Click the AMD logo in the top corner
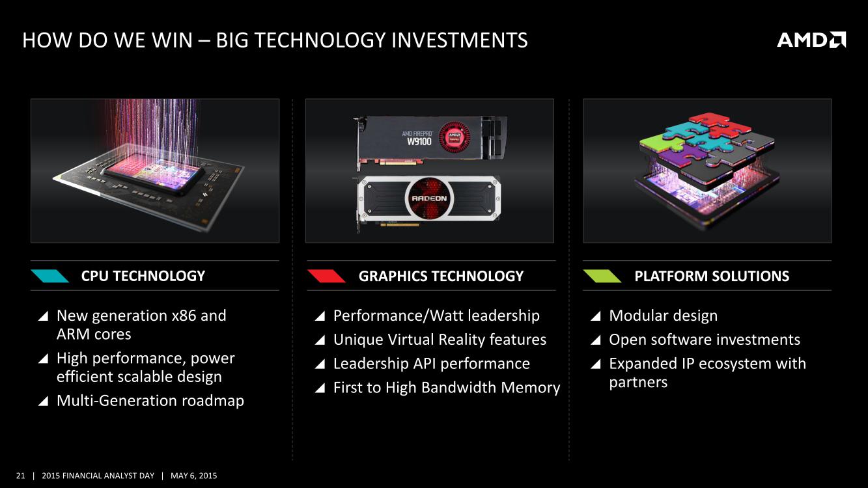(x=811, y=40)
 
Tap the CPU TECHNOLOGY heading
(x=143, y=276)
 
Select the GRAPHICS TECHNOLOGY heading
(x=441, y=276)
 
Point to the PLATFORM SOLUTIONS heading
(x=712, y=276)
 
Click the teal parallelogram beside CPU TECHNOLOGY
(x=50, y=276)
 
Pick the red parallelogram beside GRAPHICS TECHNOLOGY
(x=326, y=276)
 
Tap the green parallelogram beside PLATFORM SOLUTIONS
(x=602, y=276)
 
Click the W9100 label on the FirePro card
(x=419, y=141)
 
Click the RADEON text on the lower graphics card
(x=429, y=198)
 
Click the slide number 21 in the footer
(x=21, y=476)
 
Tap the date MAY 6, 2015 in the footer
(x=194, y=476)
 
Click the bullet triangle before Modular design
(x=596, y=316)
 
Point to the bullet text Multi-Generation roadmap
(x=150, y=400)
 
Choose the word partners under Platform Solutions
(x=638, y=383)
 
